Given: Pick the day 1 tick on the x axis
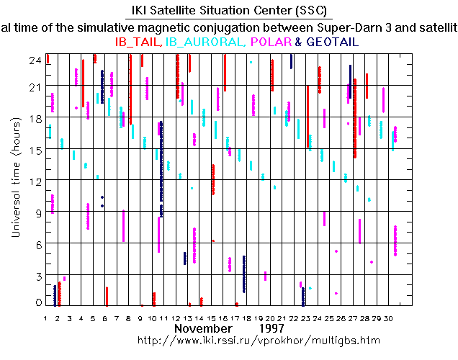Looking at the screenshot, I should [46, 318].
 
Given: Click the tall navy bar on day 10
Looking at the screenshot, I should [161, 169].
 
